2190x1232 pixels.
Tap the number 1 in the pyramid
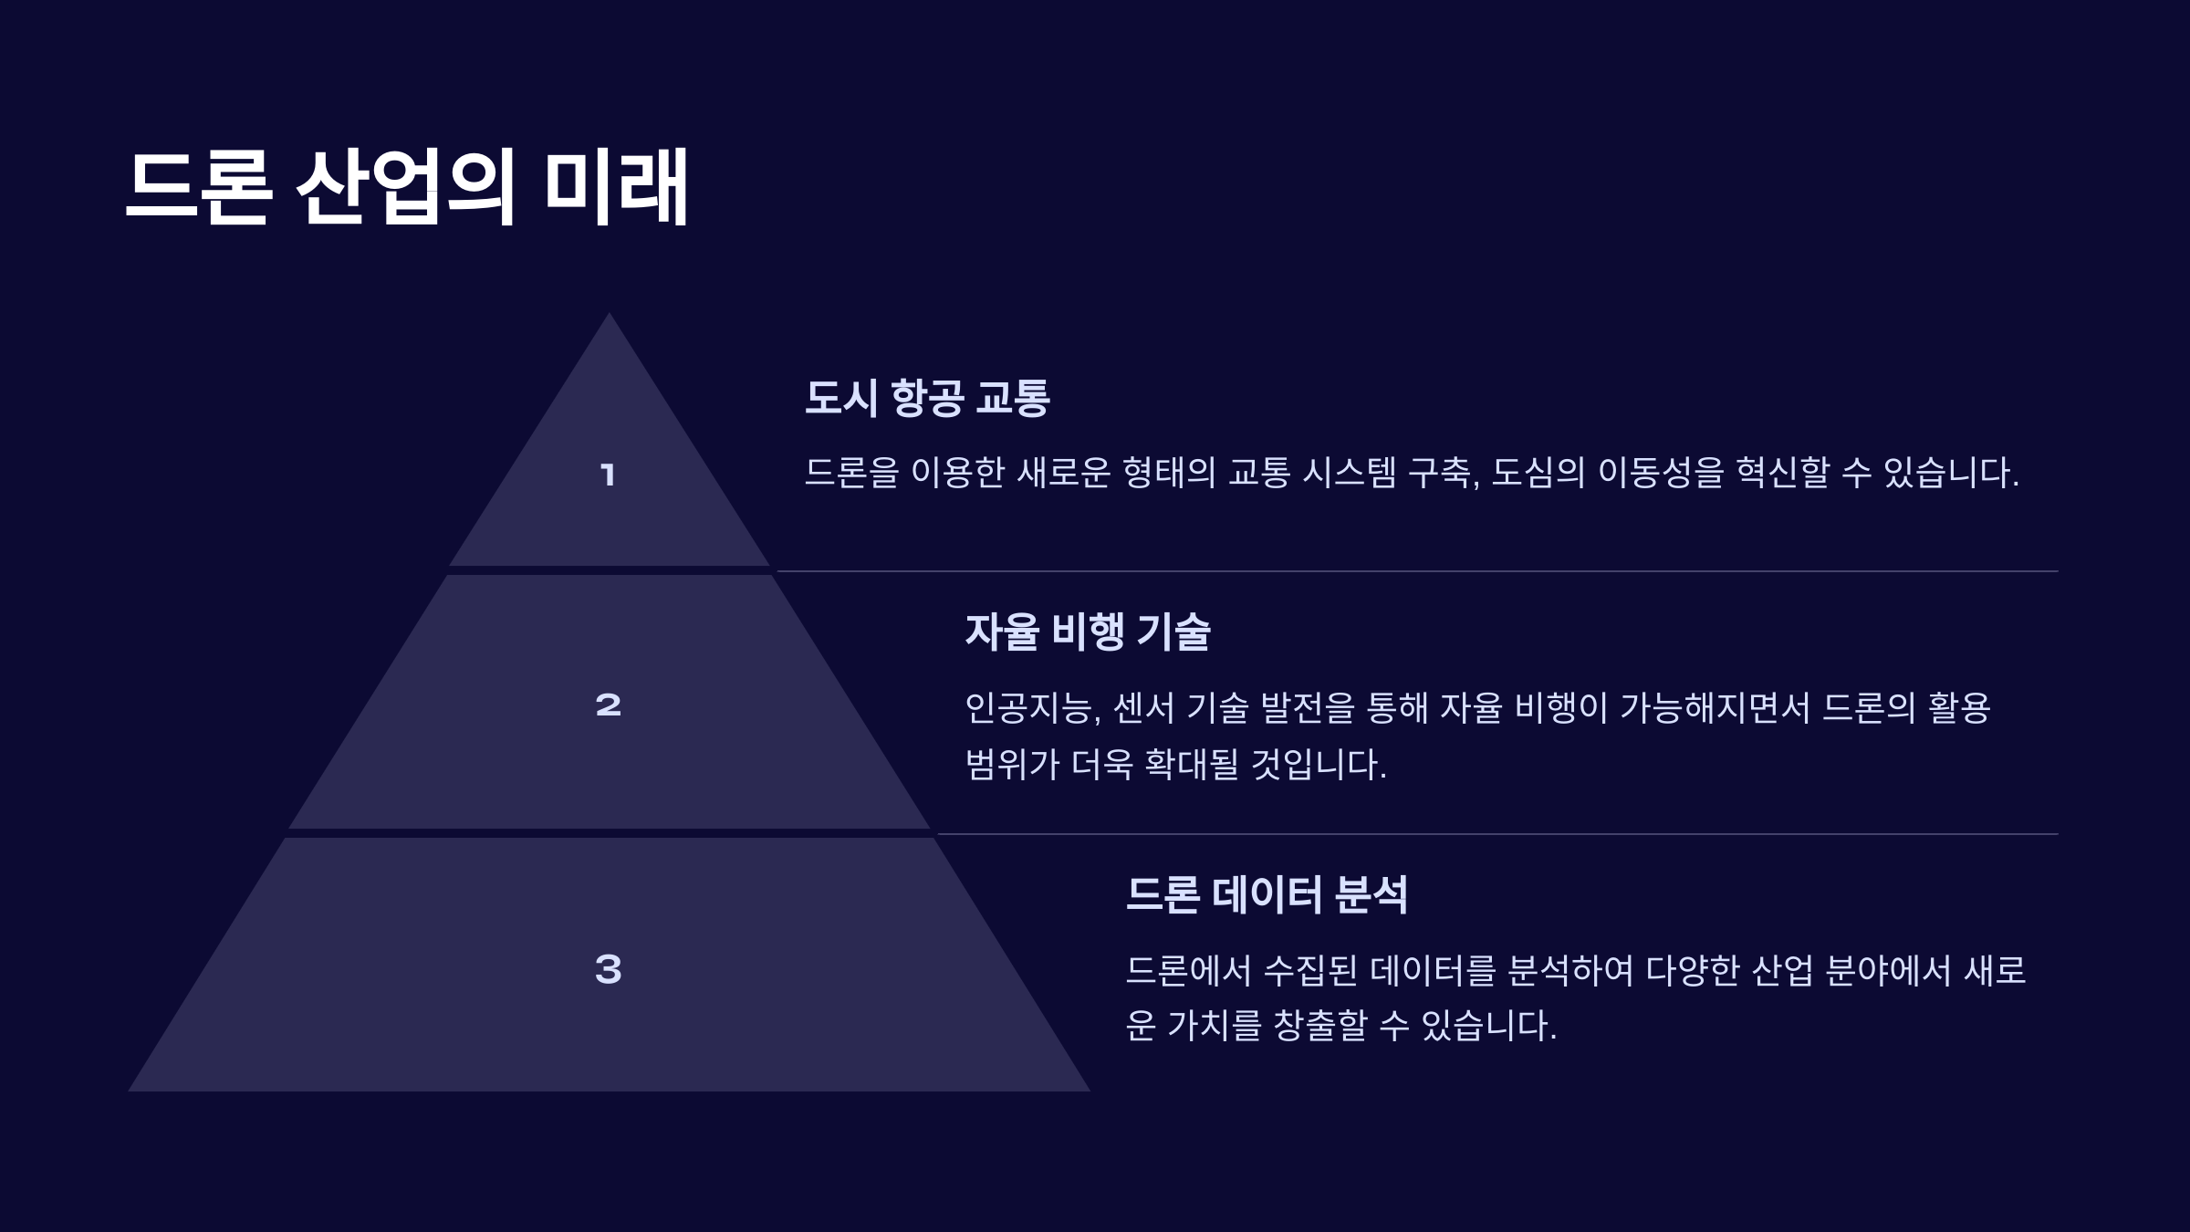(608, 475)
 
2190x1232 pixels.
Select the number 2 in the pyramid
(608, 705)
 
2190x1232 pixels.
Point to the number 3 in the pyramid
(608, 969)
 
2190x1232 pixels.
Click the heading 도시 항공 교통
(927, 398)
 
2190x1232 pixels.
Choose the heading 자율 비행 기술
(1088, 632)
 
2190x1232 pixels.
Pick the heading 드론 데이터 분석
(1267, 894)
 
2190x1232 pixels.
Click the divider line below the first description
(1414, 571)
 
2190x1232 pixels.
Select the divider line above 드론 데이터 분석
(1496, 834)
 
